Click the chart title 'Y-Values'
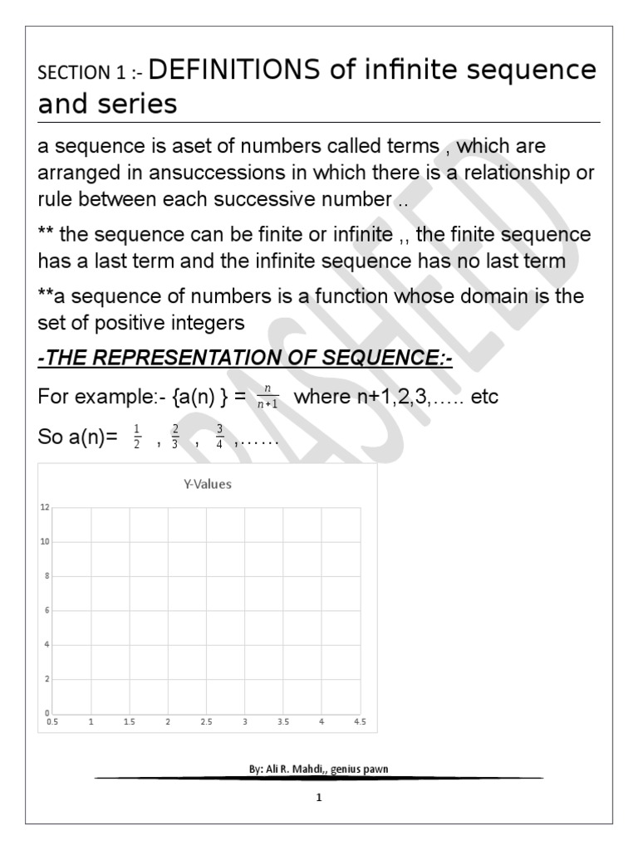(x=208, y=485)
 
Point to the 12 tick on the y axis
(x=45, y=507)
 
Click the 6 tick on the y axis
(x=47, y=610)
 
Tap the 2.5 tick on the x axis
(x=206, y=723)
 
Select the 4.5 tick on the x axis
(x=360, y=723)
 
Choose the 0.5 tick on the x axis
(x=52, y=723)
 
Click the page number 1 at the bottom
(x=319, y=799)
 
